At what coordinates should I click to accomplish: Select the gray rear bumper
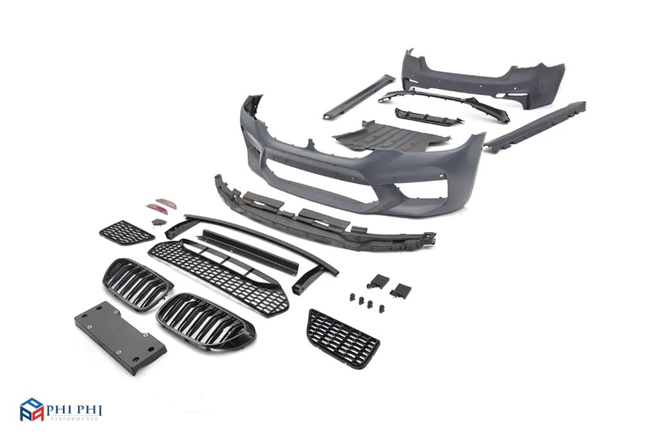pyautogui.click(x=482, y=78)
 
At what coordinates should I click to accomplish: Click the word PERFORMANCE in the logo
pyautogui.click(x=74, y=419)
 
